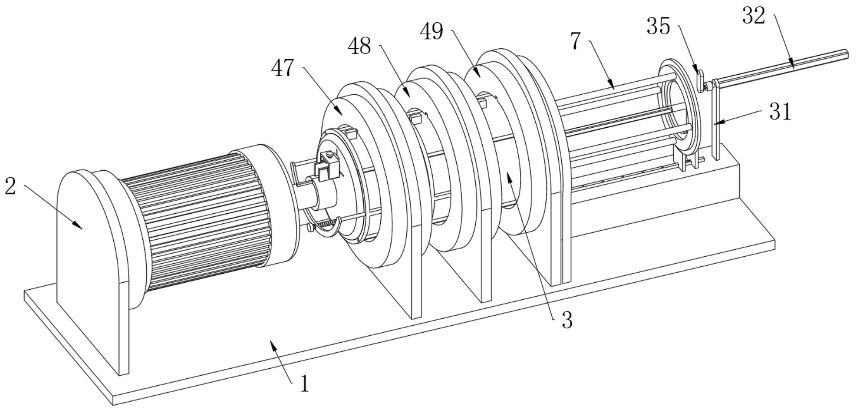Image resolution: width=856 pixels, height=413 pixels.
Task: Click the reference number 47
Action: point(283,68)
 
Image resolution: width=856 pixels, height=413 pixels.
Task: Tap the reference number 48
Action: point(359,46)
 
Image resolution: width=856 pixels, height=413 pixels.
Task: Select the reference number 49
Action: point(431,32)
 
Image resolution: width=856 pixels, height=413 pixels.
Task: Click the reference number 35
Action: point(658,27)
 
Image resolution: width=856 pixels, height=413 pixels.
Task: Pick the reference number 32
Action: point(754,16)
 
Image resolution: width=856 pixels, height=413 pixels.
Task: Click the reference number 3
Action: point(567,320)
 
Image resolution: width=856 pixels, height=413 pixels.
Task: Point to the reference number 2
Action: point(10,186)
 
